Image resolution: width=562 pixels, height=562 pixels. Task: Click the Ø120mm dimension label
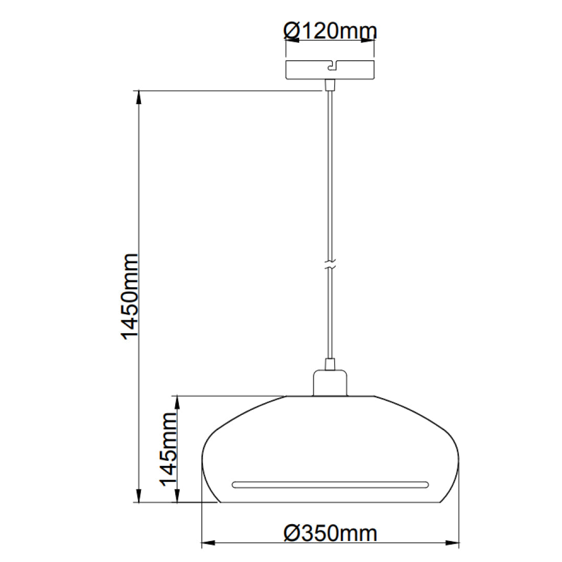coord(330,31)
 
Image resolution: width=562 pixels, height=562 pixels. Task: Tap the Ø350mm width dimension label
coord(330,533)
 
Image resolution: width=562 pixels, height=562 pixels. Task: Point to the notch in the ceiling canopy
coord(332,65)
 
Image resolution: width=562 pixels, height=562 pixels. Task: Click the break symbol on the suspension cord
coord(330,266)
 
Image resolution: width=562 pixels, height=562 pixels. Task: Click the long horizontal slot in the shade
coord(330,483)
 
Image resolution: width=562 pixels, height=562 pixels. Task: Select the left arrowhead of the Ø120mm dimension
coord(292,41)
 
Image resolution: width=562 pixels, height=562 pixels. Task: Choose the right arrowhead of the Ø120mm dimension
coord(368,41)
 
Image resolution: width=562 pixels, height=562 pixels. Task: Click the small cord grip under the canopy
coord(330,85)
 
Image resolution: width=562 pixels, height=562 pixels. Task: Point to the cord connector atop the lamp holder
coord(330,364)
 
